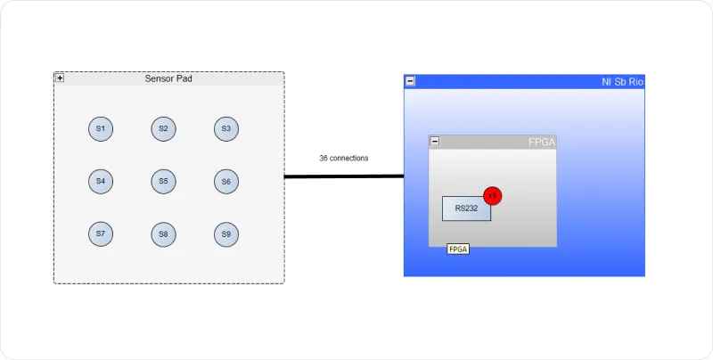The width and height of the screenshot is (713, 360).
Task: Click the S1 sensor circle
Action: pos(101,129)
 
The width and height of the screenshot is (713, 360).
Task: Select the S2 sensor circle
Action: pos(163,129)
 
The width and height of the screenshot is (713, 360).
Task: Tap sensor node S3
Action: pos(226,129)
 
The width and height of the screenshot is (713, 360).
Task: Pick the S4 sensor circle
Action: pos(101,182)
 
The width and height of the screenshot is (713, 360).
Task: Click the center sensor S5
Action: pos(163,182)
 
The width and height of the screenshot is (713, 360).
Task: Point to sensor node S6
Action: pos(226,182)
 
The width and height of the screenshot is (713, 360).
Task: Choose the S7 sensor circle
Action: pos(101,234)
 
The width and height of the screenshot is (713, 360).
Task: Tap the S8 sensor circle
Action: pos(163,234)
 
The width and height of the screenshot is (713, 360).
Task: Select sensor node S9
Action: pos(226,234)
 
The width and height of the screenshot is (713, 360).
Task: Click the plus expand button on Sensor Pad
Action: pos(60,78)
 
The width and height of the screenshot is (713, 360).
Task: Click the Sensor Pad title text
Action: pos(168,78)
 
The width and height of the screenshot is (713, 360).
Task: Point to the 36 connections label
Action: pos(344,159)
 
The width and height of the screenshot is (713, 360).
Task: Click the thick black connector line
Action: pos(344,176)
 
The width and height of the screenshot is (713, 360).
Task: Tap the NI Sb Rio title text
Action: pos(622,82)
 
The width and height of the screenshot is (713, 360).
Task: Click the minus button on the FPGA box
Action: pos(435,142)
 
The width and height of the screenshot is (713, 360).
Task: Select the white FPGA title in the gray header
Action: pos(542,143)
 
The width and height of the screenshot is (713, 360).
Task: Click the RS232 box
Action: pos(466,209)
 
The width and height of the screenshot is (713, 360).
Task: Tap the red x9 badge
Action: pos(493,196)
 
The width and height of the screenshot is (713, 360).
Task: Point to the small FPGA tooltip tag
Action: pos(458,250)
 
